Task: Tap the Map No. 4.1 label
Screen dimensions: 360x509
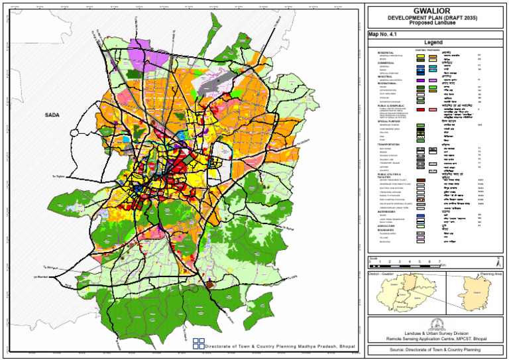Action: click(383, 33)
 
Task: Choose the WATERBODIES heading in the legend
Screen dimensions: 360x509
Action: click(388, 211)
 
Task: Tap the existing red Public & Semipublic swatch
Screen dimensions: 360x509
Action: click(421, 108)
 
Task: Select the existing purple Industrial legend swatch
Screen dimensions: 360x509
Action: click(421, 80)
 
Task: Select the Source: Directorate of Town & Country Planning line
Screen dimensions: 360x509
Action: click(435, 349)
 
